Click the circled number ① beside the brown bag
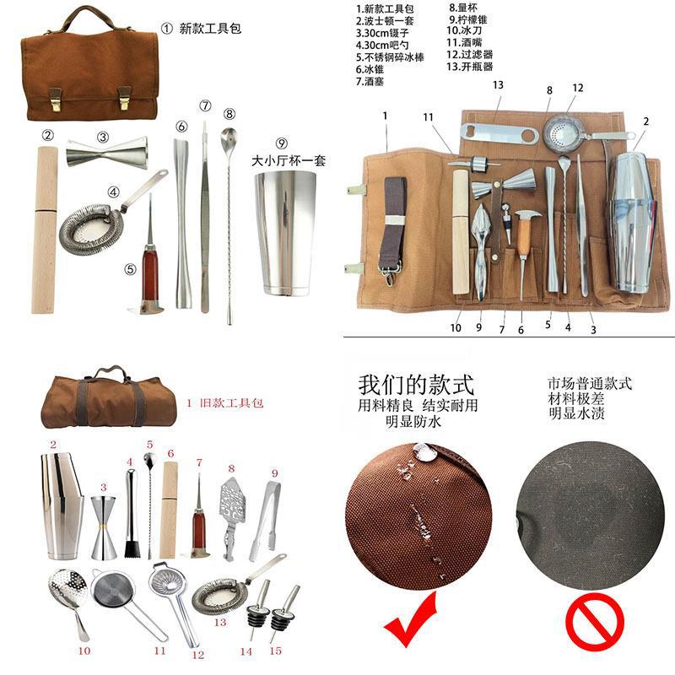165,28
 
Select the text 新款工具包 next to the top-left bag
211,28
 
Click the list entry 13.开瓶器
470,66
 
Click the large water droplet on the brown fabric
427,454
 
